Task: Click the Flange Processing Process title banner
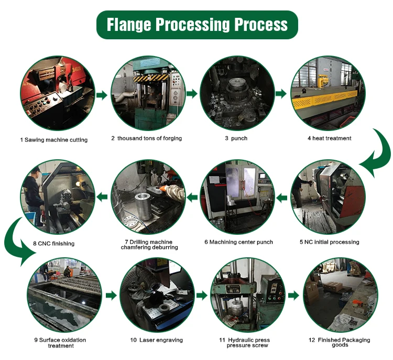(196, 25)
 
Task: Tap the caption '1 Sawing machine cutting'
(54, 140)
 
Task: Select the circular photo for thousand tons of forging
(147, 94)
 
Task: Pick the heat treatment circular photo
(327, 94)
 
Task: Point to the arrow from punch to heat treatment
(281, 94)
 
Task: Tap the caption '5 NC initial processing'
(330, 242)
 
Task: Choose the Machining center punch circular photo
(238, 198)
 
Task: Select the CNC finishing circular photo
(57, 198)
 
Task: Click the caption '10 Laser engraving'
(157, 340)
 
